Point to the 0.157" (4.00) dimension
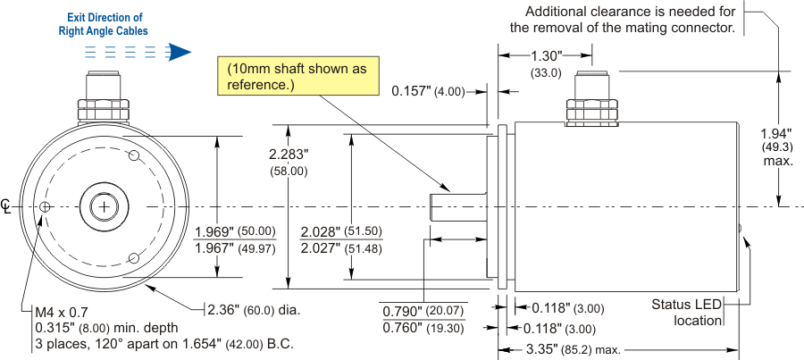[x=430, y=91]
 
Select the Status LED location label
[x=687, y=313]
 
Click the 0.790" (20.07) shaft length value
[x=421, y=312]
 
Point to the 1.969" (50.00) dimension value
[x=235, y=231]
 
